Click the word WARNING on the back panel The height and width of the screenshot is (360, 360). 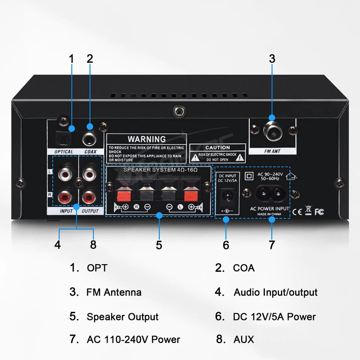[146, 139]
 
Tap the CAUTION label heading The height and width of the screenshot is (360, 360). [217, 148]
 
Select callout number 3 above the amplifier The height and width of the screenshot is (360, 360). [272, 58]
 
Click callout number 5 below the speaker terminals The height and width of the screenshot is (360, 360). [159, 245]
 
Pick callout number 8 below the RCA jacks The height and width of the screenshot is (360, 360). [93, 245]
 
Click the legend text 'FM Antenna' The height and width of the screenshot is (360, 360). [114, 292]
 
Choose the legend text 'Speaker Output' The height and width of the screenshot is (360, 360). [122, 317]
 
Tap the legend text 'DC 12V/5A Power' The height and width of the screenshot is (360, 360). [274, 317]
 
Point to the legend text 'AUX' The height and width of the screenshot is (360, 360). [243, 339]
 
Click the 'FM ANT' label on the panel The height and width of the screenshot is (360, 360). [272, 152]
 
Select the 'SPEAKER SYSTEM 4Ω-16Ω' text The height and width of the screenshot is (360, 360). [158, 170]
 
